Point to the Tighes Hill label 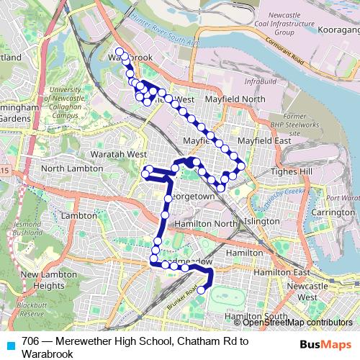pos(288,172)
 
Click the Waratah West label pos(119,154)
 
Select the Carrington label pos(328,213)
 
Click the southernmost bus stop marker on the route pos(201,290)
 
